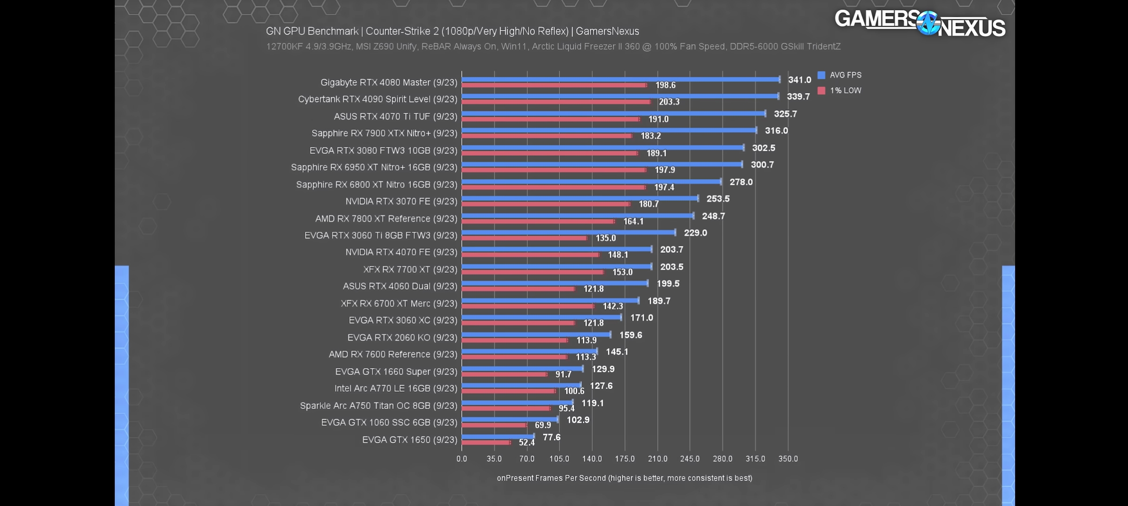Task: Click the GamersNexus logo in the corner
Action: (x=919, y=23)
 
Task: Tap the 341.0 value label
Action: (x=799, y=80)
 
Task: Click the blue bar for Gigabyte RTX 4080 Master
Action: (x=620, y=79)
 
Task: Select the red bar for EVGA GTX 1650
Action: (x=486, y=442)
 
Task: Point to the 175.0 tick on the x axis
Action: (x=624, y=459)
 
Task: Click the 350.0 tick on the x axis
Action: (x=788, y=459)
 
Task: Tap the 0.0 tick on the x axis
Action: (x=462, y=459)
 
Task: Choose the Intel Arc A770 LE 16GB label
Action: (x=395, y=388)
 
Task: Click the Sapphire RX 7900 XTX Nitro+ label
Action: (x=384, y=134)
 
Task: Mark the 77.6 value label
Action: (x=551, y=437)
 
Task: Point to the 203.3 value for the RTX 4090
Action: (x=669, y=102)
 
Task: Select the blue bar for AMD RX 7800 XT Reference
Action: (x=577, y=216)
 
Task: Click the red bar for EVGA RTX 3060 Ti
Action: (x=524, y=238)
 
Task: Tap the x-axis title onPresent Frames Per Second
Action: (x=624, y=478)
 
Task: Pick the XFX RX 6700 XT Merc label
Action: (x=399, y=304)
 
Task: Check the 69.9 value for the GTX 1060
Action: (x=542, y=425)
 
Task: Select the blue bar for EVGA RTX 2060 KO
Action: (x=536, y=335)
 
